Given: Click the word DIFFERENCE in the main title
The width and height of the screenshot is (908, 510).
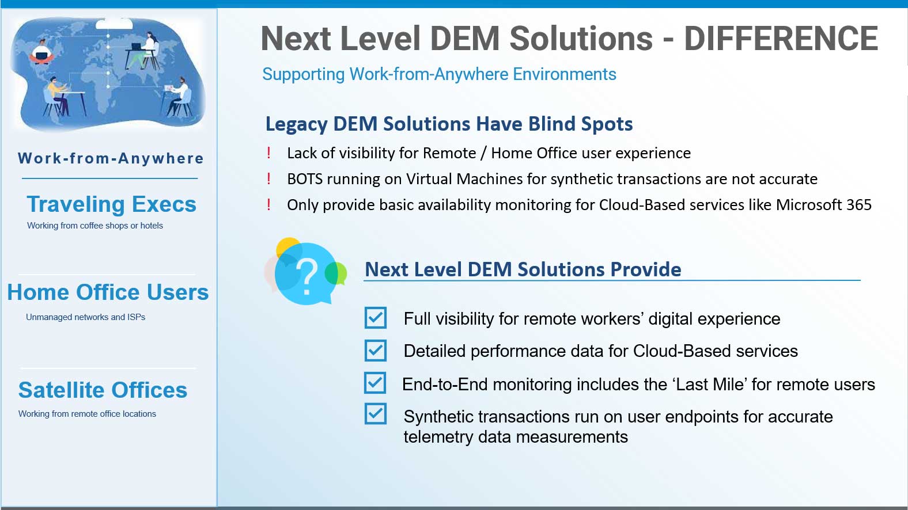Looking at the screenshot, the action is (x=781, y=39).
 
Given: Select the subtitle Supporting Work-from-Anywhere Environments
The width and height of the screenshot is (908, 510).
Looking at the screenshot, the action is (x=439, y=74).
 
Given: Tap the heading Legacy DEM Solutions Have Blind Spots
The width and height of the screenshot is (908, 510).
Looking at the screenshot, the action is (x=449, y=124).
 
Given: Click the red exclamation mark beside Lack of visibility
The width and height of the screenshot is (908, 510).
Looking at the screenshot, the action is (x=268, y=153).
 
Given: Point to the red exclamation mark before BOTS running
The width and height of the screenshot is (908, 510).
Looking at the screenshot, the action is (x=268, y=178).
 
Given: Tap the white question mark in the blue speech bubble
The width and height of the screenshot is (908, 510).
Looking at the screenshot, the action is (x=307, y=277).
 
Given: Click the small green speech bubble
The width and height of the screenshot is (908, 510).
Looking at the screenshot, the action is (x=336, y=273).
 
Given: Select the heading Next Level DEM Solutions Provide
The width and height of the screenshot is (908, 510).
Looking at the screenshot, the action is (x=523, y=269).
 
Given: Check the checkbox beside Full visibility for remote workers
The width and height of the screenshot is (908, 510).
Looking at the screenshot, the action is (x=376, y=318).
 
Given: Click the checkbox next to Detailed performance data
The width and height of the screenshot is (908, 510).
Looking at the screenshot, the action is (x=376, y=351).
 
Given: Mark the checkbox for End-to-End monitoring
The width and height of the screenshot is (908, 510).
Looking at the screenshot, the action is (x=375, y=383).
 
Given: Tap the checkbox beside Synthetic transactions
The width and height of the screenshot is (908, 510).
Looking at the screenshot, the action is (x=376, y=414).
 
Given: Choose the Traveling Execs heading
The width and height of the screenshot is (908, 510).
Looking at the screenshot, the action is (x=111, y=204).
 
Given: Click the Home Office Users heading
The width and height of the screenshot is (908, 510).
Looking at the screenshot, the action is (x=108, y=292).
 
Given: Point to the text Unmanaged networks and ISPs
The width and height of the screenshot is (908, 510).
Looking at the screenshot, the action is (x=85, y=317).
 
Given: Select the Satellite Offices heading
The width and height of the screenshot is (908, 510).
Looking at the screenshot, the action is (x=103, y=390).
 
